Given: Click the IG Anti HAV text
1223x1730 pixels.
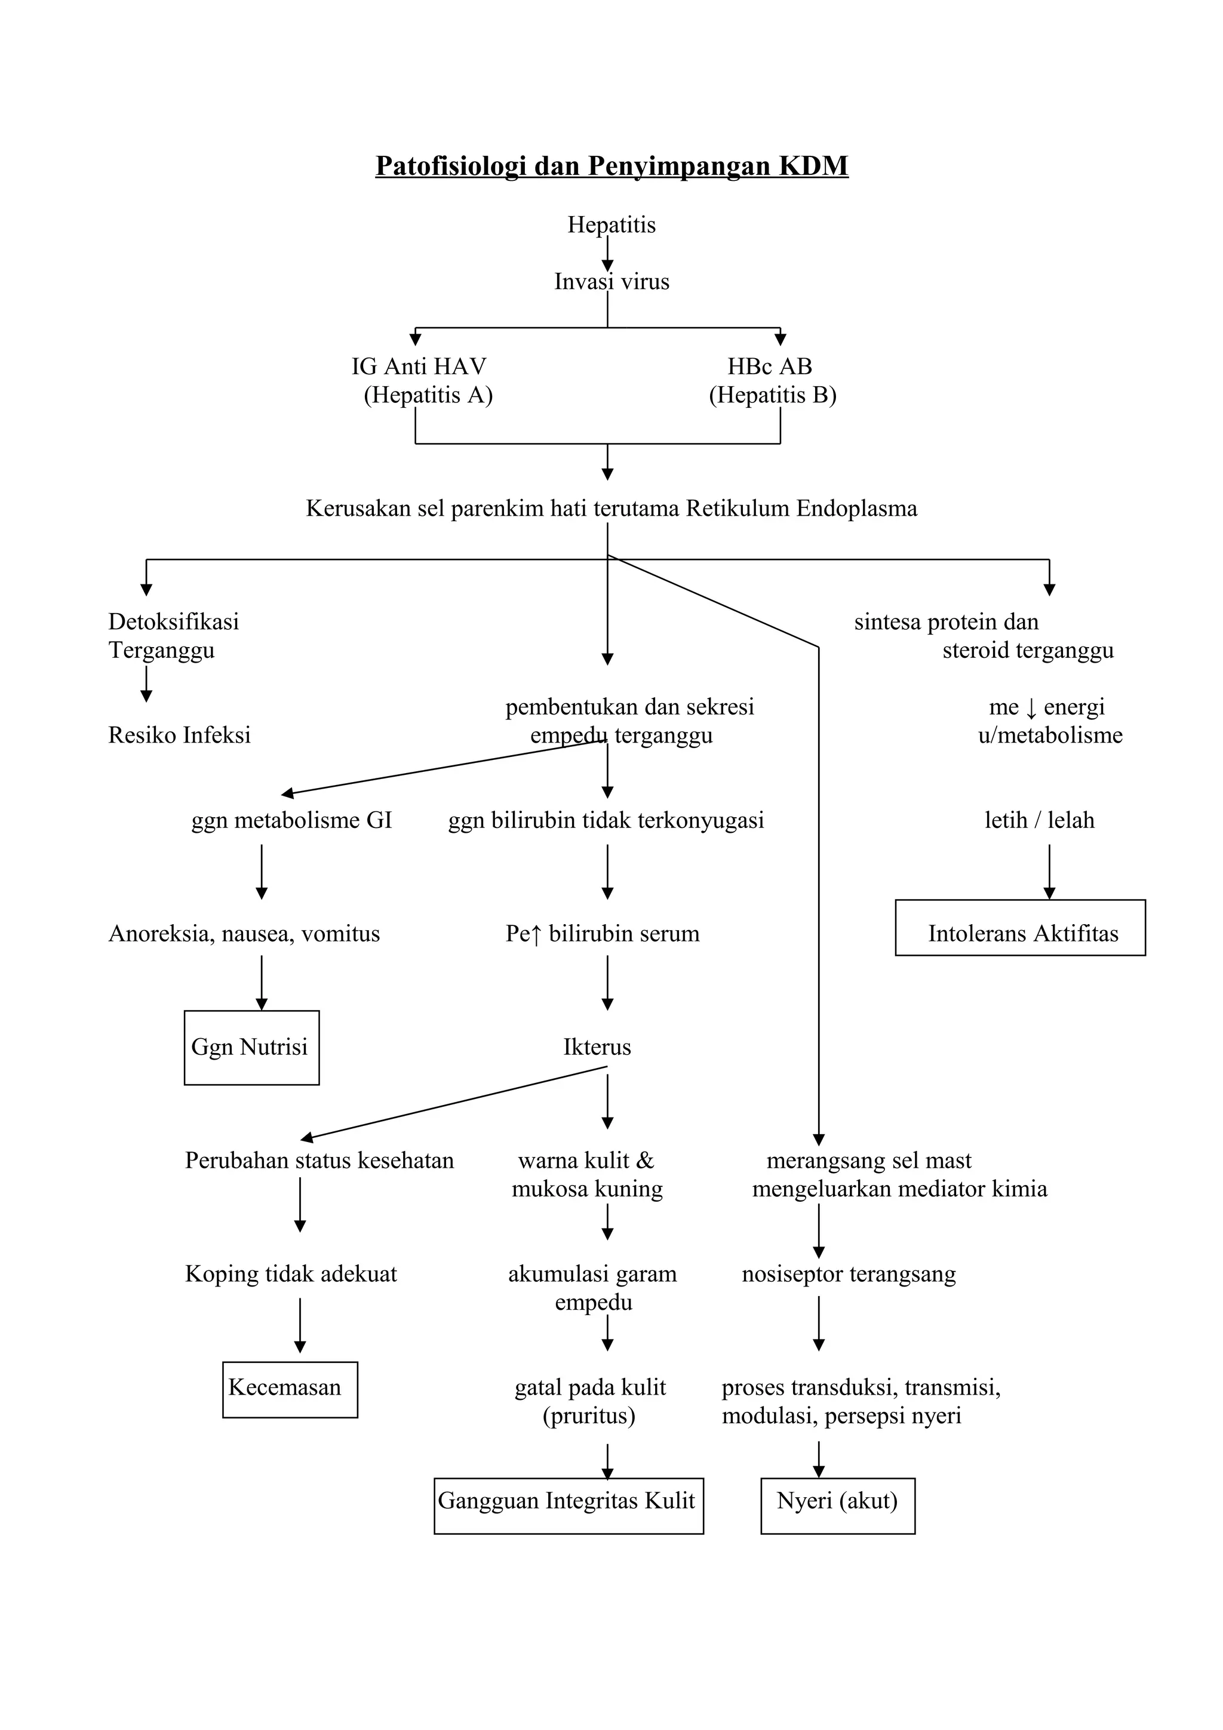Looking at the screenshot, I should click(419, 367).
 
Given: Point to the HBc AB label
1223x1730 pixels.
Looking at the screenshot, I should click(769, 367).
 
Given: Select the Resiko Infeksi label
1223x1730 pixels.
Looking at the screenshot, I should click(179, 735).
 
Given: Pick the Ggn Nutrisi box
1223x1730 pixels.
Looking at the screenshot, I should click(251, 1047).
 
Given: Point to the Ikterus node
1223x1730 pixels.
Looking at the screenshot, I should click(597, 1047).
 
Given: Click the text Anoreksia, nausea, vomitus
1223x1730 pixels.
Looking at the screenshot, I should click(244, 934).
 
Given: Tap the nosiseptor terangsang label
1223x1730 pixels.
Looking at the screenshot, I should click(849, 1274).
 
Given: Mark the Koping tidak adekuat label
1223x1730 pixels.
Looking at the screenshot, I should click(291, 1274).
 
